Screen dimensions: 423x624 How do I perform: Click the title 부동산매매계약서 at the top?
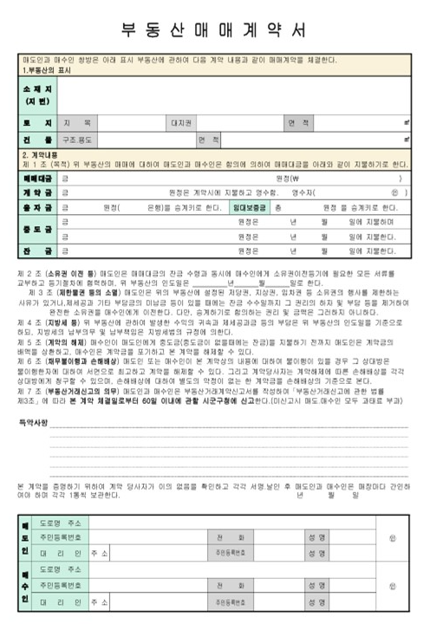(x=211, y=29)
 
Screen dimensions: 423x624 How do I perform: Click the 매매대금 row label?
(x=36, y=178)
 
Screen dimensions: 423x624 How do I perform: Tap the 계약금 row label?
(x=36, y=192)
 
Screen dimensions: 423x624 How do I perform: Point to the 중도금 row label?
(x=36, y=230)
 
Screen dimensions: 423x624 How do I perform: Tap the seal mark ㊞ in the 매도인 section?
(x=391, y=538)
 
